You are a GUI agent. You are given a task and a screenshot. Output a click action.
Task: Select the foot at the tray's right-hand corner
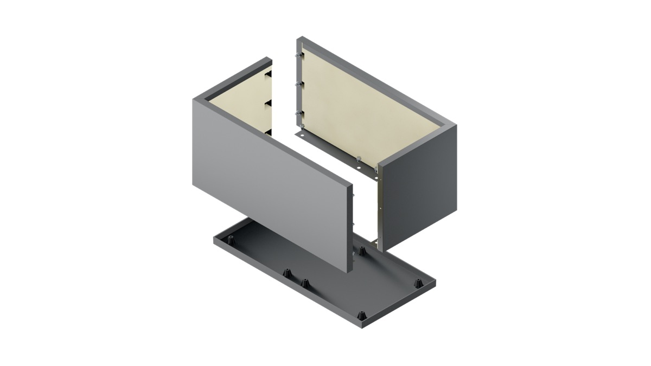418,283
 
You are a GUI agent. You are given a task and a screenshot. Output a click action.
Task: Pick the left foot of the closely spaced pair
286,273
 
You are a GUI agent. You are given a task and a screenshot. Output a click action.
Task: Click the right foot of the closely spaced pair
305,283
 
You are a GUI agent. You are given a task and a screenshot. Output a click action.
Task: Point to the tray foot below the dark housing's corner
362,251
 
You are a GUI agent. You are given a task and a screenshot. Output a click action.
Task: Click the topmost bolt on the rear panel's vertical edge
297,56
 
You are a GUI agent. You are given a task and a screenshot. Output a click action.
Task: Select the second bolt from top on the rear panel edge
297,84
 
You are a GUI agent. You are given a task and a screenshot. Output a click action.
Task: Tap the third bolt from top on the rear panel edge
297,113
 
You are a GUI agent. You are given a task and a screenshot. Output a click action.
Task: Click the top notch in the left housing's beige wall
268,76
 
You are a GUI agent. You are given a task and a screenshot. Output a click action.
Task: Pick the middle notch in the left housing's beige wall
268,103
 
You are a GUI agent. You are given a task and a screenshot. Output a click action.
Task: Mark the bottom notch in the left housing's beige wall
268,131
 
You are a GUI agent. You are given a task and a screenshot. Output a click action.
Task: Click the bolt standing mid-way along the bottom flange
358,158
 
